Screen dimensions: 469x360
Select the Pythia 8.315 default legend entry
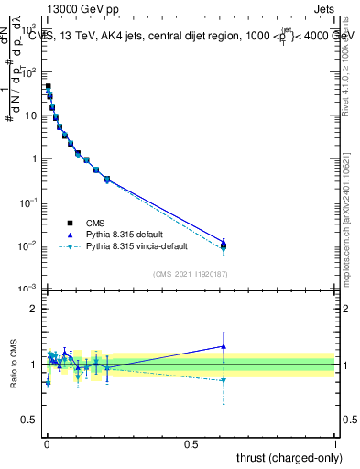point(127,234)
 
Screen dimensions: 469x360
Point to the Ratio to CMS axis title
point(14,365)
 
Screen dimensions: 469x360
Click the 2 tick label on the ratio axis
point(34,309)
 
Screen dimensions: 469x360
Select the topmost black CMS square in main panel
point(48,87)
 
